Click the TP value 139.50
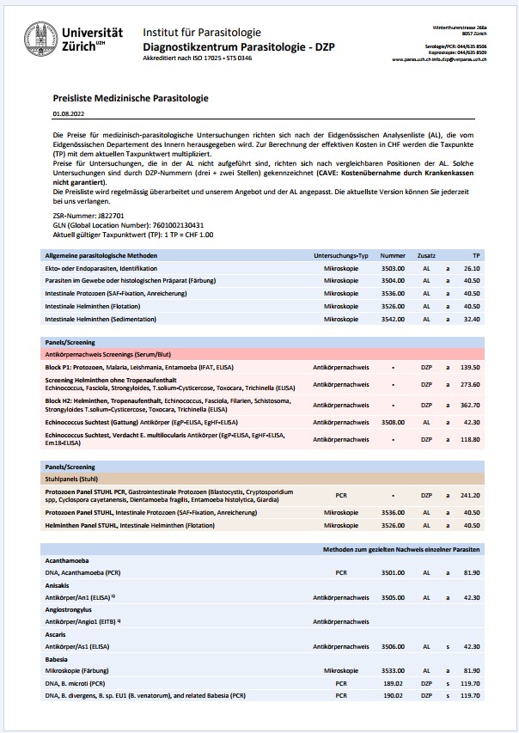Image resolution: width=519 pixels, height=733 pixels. [469, 367]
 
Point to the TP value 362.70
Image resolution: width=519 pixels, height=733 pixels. [469, 403]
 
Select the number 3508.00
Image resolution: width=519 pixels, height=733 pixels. [393, 422]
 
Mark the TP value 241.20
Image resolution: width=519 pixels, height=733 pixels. [469, 495]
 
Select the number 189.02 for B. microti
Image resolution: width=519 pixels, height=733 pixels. [393, 682]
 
